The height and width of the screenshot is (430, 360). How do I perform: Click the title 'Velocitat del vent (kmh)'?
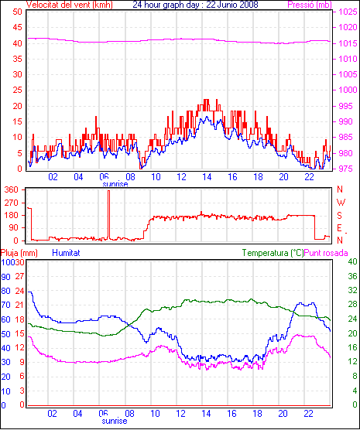[x=70, y=5]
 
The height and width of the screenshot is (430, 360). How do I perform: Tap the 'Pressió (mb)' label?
[x=310, y=5]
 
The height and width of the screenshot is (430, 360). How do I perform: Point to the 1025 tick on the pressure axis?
[x=348, y=12]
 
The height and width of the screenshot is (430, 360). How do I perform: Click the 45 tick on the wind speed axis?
[x=17, y=27]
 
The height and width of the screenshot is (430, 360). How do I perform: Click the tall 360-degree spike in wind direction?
[x=108, y=215]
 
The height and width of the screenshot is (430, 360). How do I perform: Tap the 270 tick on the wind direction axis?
[x=12, y=203]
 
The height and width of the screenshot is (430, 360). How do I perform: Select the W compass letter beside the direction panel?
[x=341, y=203]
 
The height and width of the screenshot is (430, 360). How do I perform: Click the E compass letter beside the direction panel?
[x=340, y=228]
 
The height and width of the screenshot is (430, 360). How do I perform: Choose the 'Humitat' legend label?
[x=66, y=253]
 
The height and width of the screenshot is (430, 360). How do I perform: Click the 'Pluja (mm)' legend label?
[x=19, y=253]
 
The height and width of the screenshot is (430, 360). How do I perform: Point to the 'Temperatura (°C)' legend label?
[x=273, y=253]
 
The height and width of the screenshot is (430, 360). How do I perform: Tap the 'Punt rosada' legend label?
[x=326, y=253]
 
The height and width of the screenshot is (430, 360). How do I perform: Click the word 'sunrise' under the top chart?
[x=115, y=184]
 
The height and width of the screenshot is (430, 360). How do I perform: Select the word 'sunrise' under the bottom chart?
[x=115, y=421]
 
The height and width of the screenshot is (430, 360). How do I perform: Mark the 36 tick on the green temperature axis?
[x=352, y=276]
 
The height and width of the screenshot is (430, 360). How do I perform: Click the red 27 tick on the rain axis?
[x=20, y=276]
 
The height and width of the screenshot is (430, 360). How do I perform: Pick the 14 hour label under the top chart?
[x=207, y=177]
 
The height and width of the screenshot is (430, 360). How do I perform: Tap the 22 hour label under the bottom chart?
[x=309, y=413]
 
